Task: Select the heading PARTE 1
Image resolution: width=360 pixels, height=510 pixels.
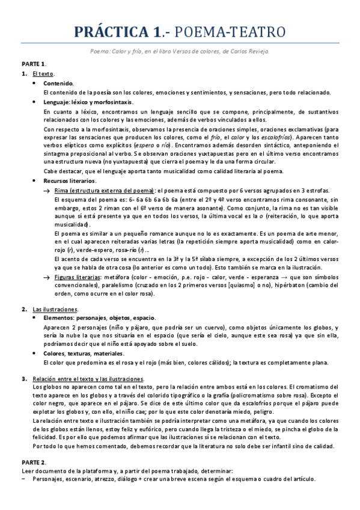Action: coord(34,63)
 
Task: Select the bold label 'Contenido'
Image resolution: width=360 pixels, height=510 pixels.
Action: coord(59,83)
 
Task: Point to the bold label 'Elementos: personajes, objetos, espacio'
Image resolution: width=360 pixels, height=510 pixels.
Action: coord(99,318)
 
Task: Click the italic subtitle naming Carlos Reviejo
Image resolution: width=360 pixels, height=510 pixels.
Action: coord(180,51)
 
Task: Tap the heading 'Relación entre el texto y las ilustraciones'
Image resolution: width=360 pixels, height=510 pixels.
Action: coord(88,378)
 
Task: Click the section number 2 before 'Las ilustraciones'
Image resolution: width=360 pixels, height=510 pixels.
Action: coord(23,309)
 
